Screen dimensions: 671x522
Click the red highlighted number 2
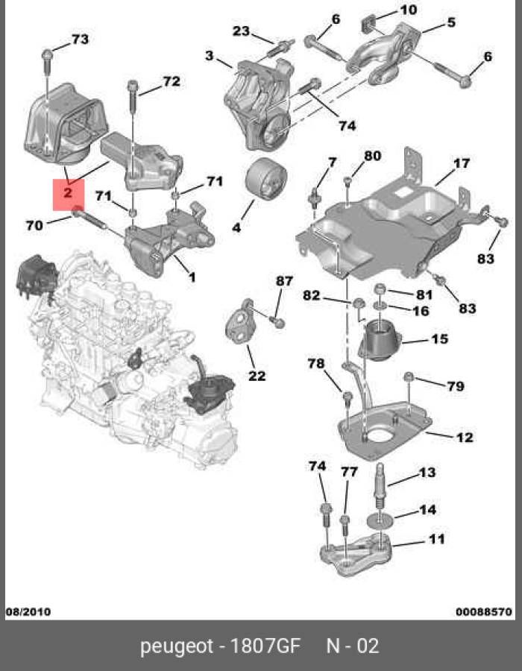click(x=68, y=193)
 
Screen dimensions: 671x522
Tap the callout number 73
click(x=79, y=39)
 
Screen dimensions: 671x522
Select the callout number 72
click(x=171, y=81)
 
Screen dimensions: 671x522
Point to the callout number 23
click(x=241, y=31)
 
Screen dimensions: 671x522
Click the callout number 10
click(x=409, y=10)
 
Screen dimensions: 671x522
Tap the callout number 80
click(x=372, y=156)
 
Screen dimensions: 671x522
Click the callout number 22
click(x=257, y=376)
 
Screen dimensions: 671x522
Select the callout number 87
click(x=285, y=280)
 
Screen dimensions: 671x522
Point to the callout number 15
click(x=439, y=339)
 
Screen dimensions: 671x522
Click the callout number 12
click(x=464, y=438)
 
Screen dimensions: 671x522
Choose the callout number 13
click(x=427, y=472)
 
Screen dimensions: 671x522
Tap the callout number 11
click(x=436, y=538)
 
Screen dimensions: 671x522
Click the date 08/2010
click(x=28, y=612)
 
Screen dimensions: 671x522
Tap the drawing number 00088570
click(x=484, y=612)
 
